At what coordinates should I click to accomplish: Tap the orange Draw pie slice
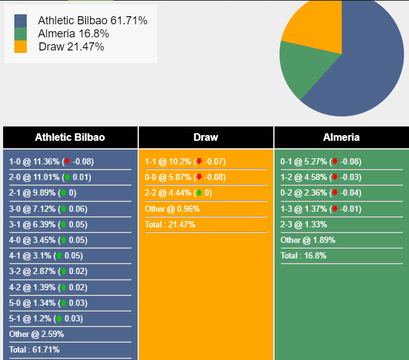(x=314, y=28)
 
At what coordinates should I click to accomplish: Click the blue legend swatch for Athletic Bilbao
(x=21, y=21)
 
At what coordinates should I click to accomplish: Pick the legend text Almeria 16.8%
(x=73, y=34)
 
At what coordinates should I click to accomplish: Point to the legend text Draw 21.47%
(x=71, y=47)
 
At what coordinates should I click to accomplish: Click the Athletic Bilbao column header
(x=70, y=137)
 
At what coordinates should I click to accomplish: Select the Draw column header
(x=205, y=137)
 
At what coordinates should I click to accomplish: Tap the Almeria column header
(x=341, y=137)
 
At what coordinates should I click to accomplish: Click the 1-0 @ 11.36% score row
(x=51, y=161)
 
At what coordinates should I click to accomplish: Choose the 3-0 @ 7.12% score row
(x=48, y=209)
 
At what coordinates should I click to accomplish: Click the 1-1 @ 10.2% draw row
(x=185, y=161)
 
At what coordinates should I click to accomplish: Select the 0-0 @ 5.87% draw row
(x=185, y=177)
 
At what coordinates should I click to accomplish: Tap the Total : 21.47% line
(x=170, y=224)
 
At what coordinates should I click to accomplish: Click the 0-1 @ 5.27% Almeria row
(x=321, y=161)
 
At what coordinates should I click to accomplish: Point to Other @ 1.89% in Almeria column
(x=308, y=240)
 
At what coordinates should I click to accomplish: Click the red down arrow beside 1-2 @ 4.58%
(x=334, y=178)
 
